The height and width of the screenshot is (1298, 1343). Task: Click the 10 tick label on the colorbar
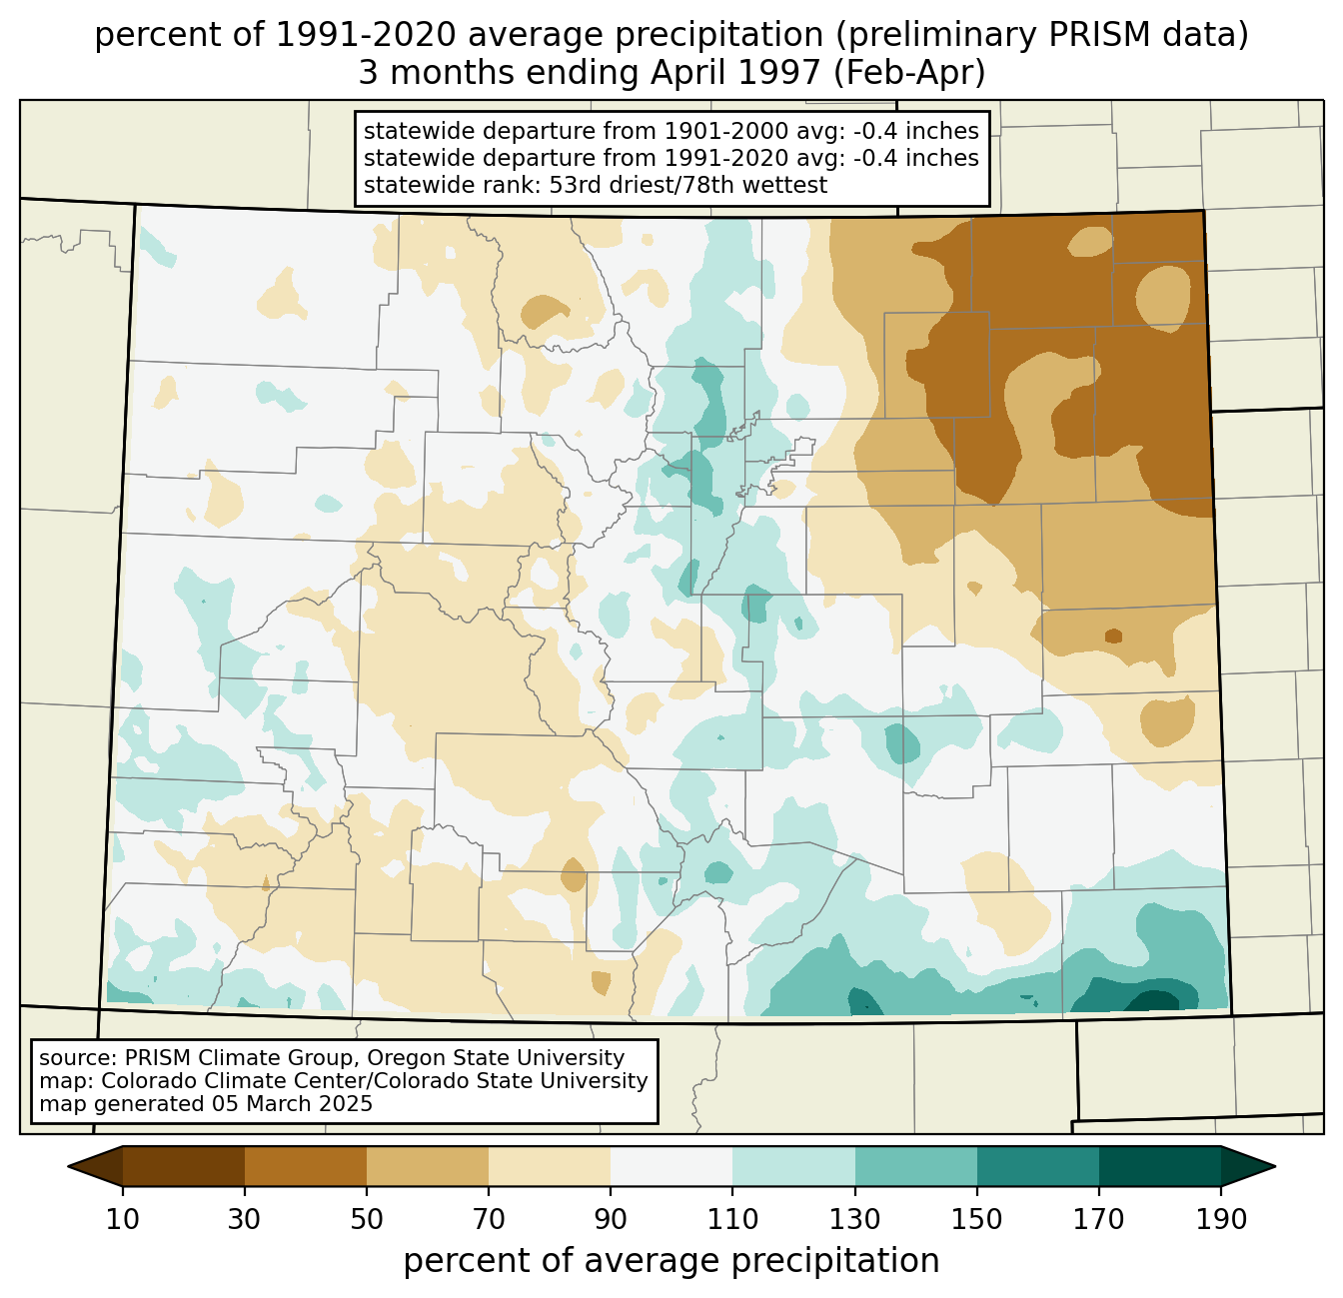point(123,1219)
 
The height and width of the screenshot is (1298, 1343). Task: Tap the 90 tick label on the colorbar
point(611,1219)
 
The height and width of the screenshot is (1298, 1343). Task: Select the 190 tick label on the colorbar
point(1221,1219)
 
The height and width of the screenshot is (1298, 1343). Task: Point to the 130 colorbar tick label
point(854,1219)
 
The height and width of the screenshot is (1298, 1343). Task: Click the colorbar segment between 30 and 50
point(305,1166)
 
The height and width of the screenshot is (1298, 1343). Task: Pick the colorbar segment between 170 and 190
point(1159,1166)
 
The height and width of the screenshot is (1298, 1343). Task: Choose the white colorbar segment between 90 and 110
point(671,1166)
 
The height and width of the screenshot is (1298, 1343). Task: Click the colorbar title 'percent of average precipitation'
point(671,1261)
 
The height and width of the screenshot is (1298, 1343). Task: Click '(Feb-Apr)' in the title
point(909,73)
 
